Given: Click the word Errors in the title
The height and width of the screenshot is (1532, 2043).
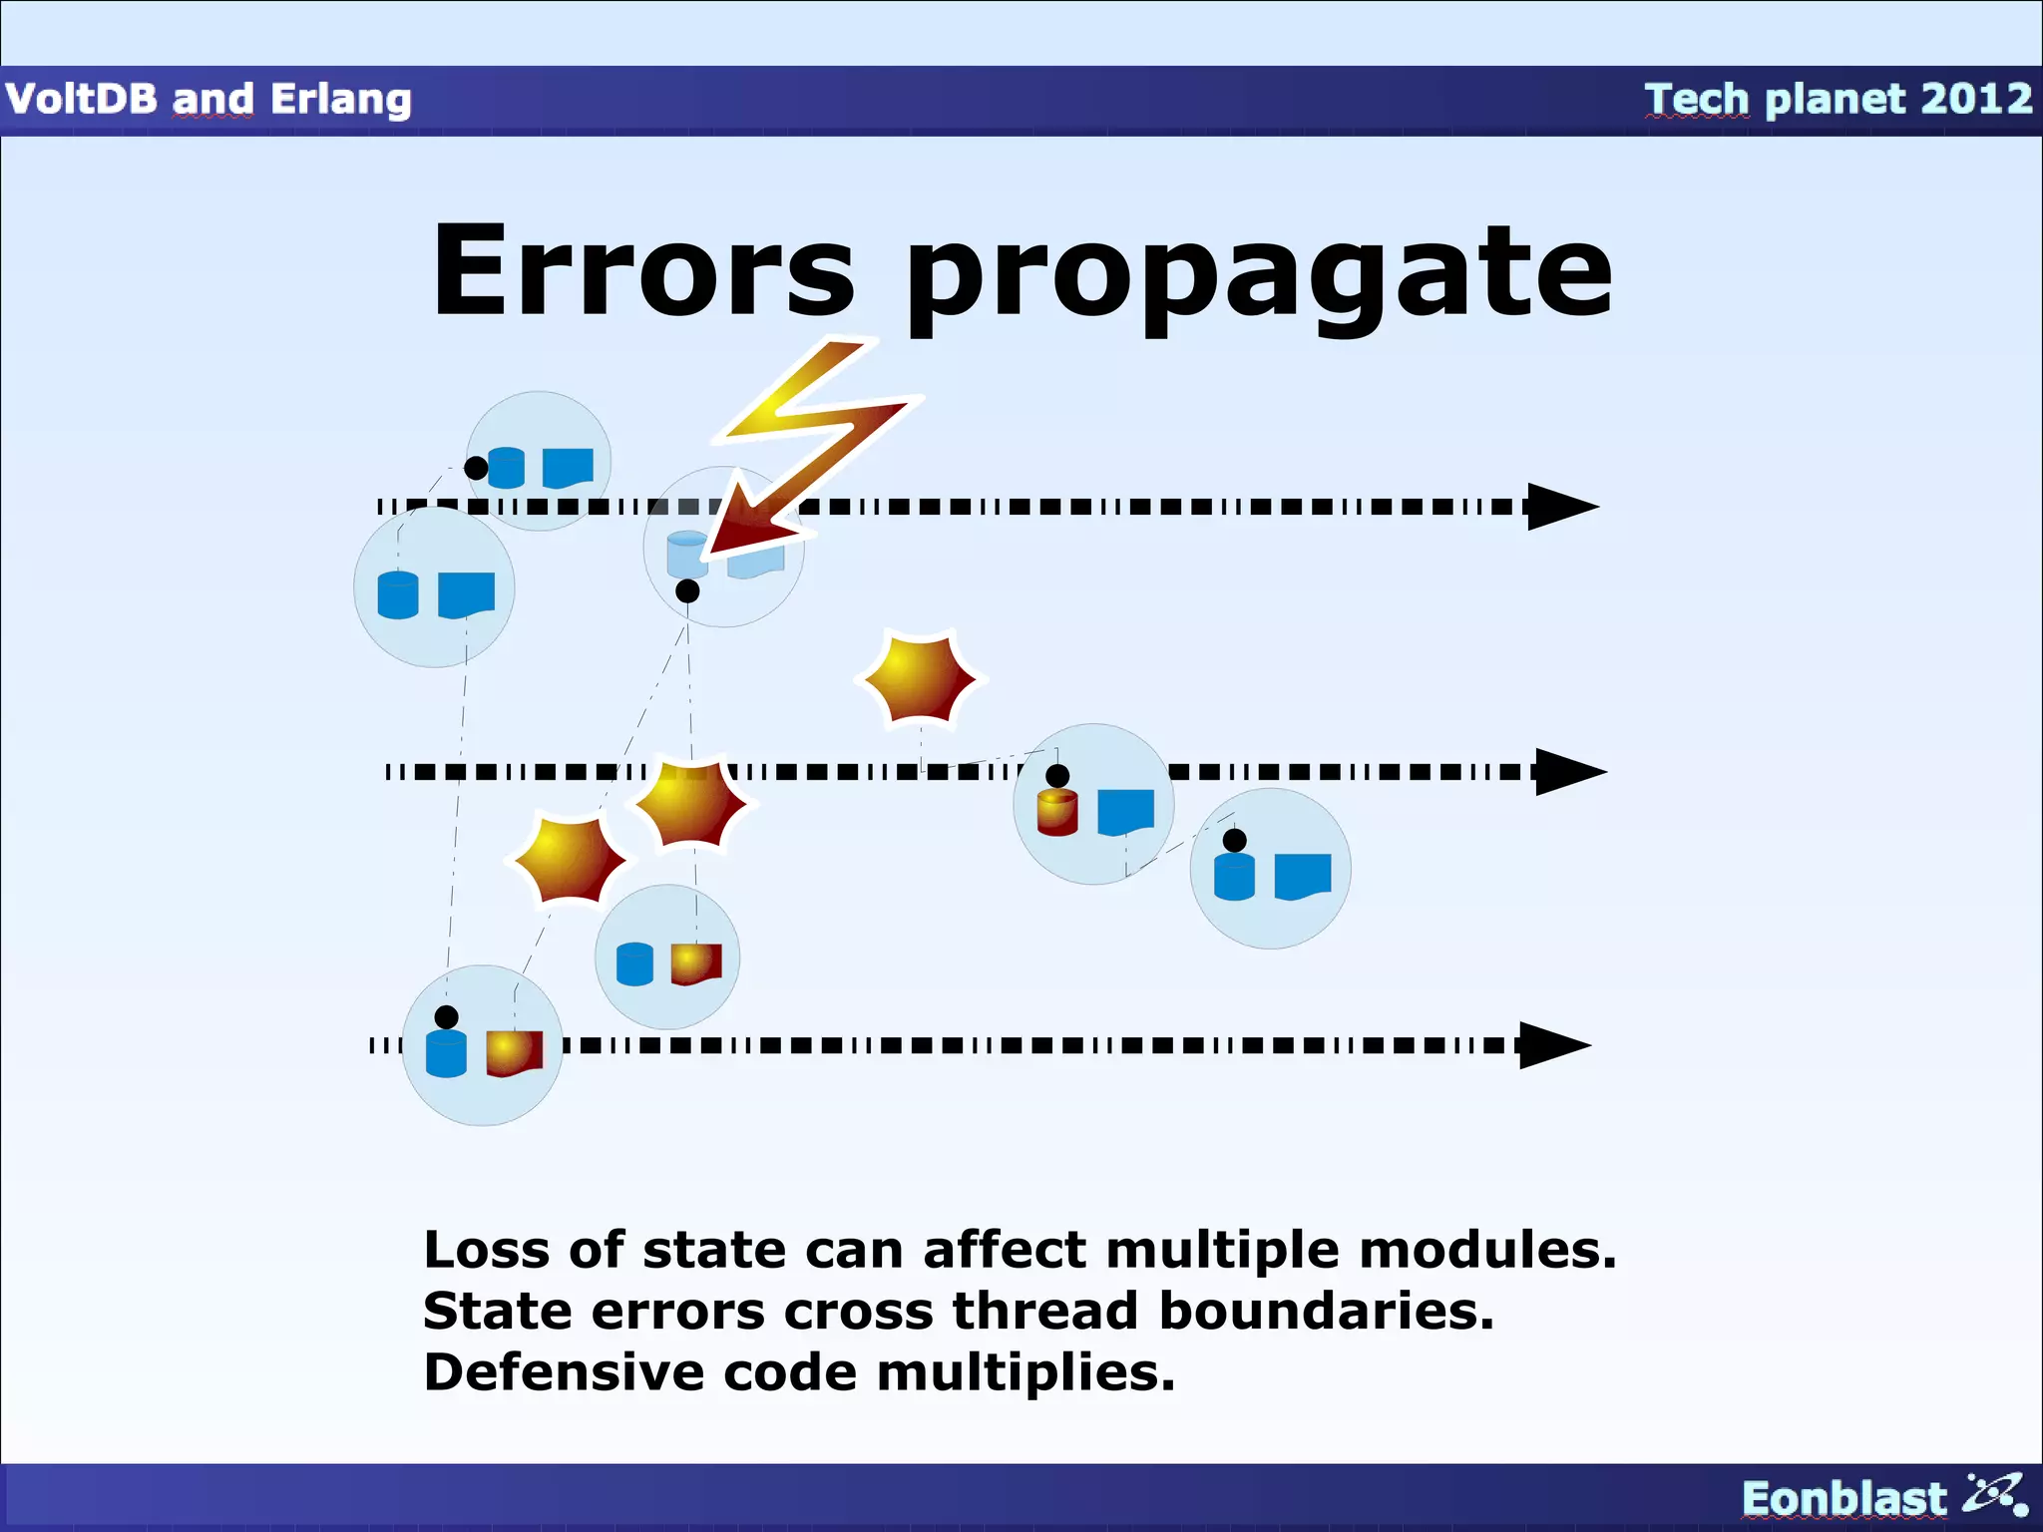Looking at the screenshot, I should coord(643,271).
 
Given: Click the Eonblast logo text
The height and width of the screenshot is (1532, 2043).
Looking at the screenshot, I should coord(1843,1499).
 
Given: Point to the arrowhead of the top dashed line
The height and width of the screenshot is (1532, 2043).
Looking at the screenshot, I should coord(1561,507).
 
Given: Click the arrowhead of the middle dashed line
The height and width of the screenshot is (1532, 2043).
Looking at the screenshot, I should coord(1569,771).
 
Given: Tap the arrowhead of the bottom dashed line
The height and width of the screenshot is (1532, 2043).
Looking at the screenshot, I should coord(1553,1045).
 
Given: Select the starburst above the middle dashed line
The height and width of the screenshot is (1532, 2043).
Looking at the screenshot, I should coord(920,678).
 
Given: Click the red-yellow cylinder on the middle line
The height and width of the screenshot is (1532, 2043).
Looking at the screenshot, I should coord(1057,812).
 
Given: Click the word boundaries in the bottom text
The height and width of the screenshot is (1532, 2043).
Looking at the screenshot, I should coord(1326,1311).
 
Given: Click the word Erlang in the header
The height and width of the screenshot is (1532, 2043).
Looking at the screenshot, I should coord(341,99).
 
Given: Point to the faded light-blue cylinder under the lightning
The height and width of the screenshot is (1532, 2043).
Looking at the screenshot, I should coord(687,554).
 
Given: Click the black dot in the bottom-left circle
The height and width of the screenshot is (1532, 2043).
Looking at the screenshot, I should coord(447,1016).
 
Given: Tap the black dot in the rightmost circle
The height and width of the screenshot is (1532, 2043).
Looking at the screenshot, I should coord(1235,840).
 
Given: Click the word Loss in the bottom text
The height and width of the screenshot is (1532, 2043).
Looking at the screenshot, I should coord(486,1250).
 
